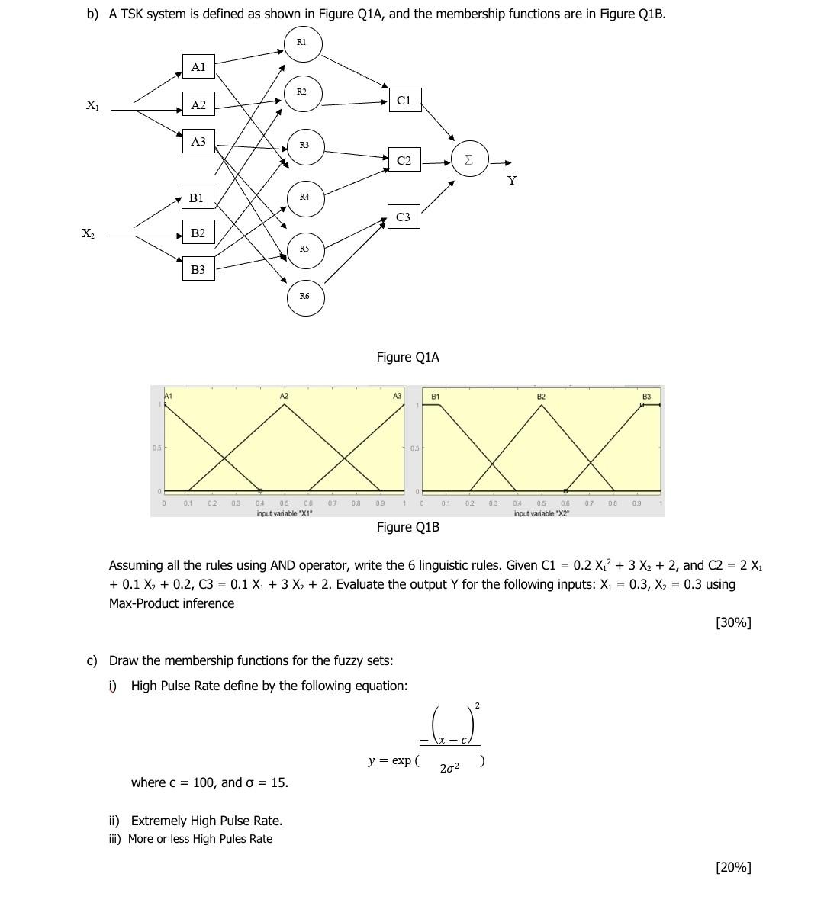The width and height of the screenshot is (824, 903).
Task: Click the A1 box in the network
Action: (198, 67)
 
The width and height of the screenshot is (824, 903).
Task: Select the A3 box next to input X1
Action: (198, 141)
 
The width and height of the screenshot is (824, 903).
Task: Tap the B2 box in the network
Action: (198, 233)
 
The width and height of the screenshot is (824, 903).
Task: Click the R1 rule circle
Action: (303, 45)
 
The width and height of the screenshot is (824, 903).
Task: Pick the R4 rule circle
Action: (304, 198)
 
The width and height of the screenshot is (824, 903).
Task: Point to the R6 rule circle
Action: (305, 297)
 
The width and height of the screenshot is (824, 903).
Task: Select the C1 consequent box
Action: (404, 100)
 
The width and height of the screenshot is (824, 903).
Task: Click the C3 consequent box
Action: (404, 217)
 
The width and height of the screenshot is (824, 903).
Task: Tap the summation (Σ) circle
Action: (468, 159)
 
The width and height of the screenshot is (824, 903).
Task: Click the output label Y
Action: (511, 181)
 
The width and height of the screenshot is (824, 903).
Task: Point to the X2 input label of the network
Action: (89, 233)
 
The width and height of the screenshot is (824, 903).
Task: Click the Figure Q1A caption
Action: (407, 357)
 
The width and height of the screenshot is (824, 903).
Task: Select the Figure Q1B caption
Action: (407, 527)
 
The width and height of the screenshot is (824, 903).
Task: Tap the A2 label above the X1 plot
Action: (284, 397)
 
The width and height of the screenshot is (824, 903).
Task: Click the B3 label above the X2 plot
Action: (646, 397)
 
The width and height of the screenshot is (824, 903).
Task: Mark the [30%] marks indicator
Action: (733, 622)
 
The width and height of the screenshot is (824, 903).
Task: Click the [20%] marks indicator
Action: (733, 866)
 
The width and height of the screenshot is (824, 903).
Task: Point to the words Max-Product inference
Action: (172, 603)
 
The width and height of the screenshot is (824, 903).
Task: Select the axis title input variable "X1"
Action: (285, 513)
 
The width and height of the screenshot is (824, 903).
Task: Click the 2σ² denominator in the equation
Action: (449, 768)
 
